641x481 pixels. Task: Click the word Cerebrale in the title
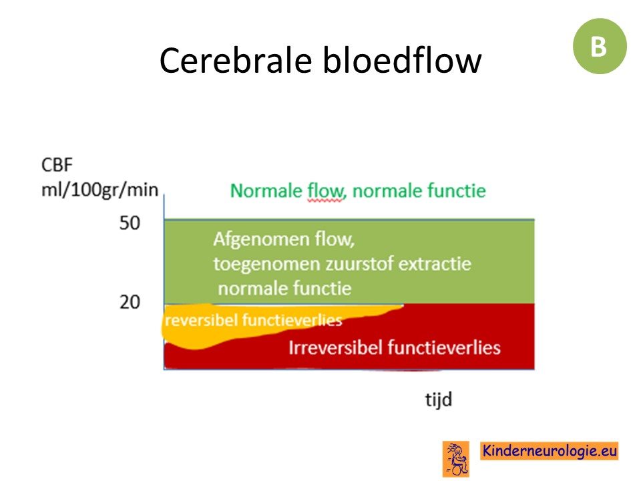[x=236, y=60]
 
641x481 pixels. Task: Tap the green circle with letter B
[x=600, y=46]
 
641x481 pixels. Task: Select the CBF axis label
[x=57, y=165]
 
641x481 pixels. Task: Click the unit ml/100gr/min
[x=99, y=190]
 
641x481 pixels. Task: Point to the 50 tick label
[x=130, y=223]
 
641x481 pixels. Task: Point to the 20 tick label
[x=130, y=302]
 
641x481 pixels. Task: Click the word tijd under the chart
[x=438, y=399]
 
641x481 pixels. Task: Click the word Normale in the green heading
[x=266, y=190]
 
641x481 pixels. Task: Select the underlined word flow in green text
[x=327, y=191]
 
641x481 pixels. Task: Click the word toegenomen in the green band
[x=267, y=265]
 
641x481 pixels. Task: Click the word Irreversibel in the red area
[x=336, y=347]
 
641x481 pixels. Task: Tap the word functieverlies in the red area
[x=443, y=347]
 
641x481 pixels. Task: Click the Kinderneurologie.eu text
[x=550, y=451]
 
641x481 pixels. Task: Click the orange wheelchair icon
[x=456, y=459]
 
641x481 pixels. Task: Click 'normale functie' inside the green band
[x=284, y=289]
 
